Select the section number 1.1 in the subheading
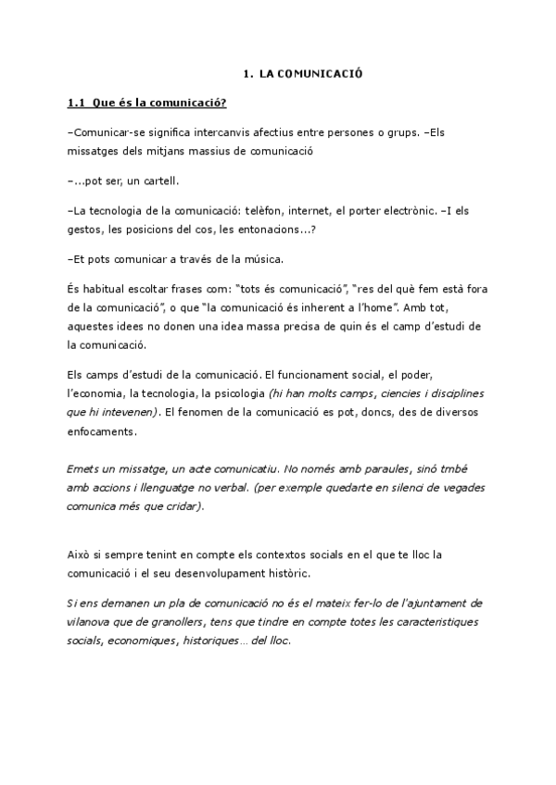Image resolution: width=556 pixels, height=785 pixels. tap(78, 102)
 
